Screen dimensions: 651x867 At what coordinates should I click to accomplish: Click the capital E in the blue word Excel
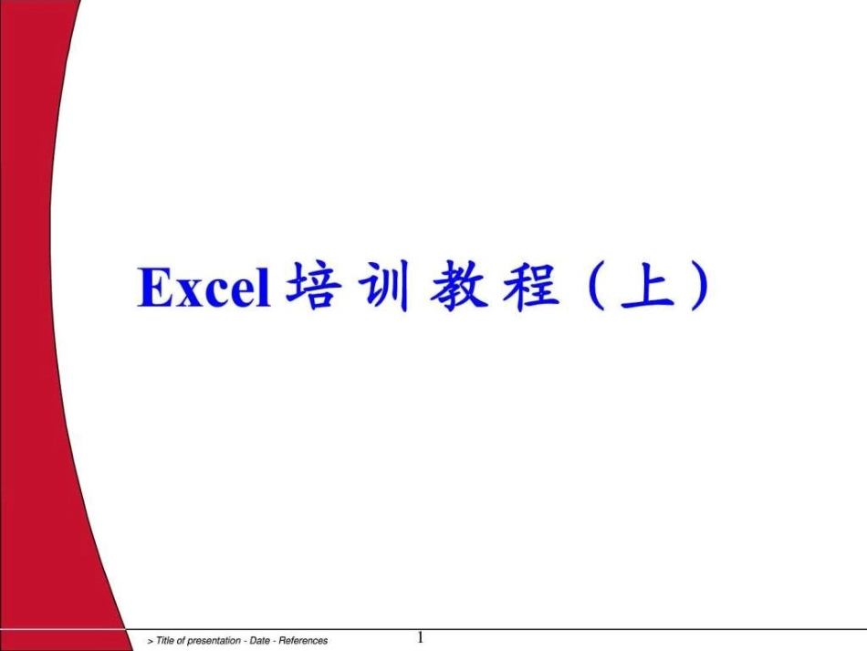tap(153, 288)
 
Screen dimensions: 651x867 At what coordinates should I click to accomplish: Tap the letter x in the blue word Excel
tap(184, 293)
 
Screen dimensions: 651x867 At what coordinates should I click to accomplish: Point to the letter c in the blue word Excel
tap(211, 293)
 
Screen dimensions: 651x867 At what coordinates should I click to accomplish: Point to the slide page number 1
tap(420, 636)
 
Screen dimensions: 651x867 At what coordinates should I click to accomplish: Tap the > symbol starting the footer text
tap(151, 641)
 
